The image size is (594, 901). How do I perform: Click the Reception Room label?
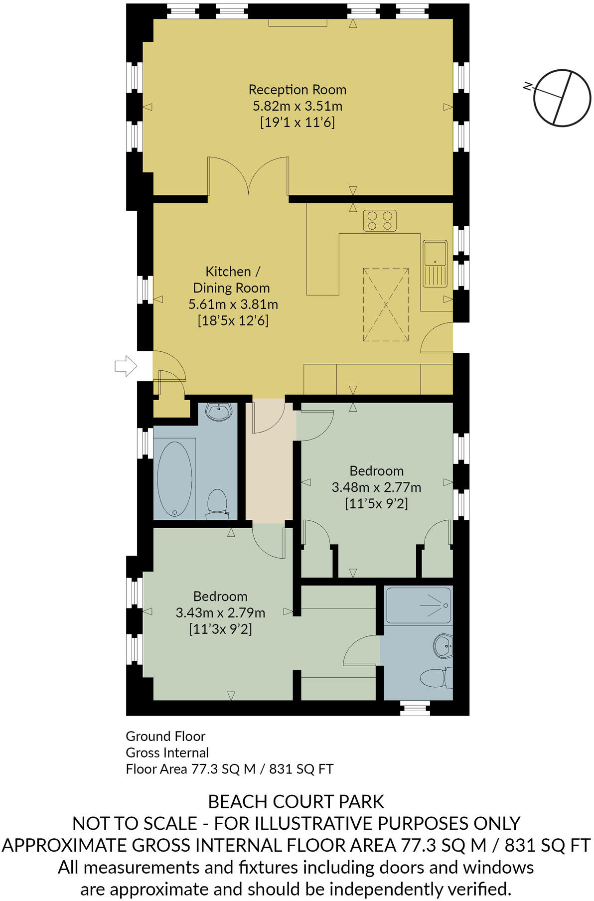tap(297, 90)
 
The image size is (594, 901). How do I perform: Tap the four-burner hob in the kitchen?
tap(380, 221)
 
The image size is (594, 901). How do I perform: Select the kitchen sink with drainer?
tap(435, 264)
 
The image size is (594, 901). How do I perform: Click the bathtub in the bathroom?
tap(174, 479)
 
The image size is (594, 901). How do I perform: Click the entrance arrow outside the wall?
tap(126, 366)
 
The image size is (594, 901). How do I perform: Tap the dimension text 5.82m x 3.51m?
tap(297, 106)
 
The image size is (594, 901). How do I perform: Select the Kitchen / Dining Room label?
tap(232, 280)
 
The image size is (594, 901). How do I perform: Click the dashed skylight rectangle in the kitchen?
tap(386, 304)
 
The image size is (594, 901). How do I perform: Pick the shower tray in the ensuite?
tap(419, 605)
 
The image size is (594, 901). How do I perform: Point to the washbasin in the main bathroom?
tap(219, 412)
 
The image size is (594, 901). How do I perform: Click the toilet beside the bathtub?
tap(217, 502)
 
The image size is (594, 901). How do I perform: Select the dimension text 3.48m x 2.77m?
tap(376, 487)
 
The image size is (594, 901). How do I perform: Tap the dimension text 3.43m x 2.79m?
tap(220, 613)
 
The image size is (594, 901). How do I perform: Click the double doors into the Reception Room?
tap(248, 177)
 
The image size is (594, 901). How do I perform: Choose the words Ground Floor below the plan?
tap(165, 736)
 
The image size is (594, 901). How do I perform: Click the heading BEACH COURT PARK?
tap(296, 802)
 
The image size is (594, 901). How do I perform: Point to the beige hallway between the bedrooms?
tap(269, 478)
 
